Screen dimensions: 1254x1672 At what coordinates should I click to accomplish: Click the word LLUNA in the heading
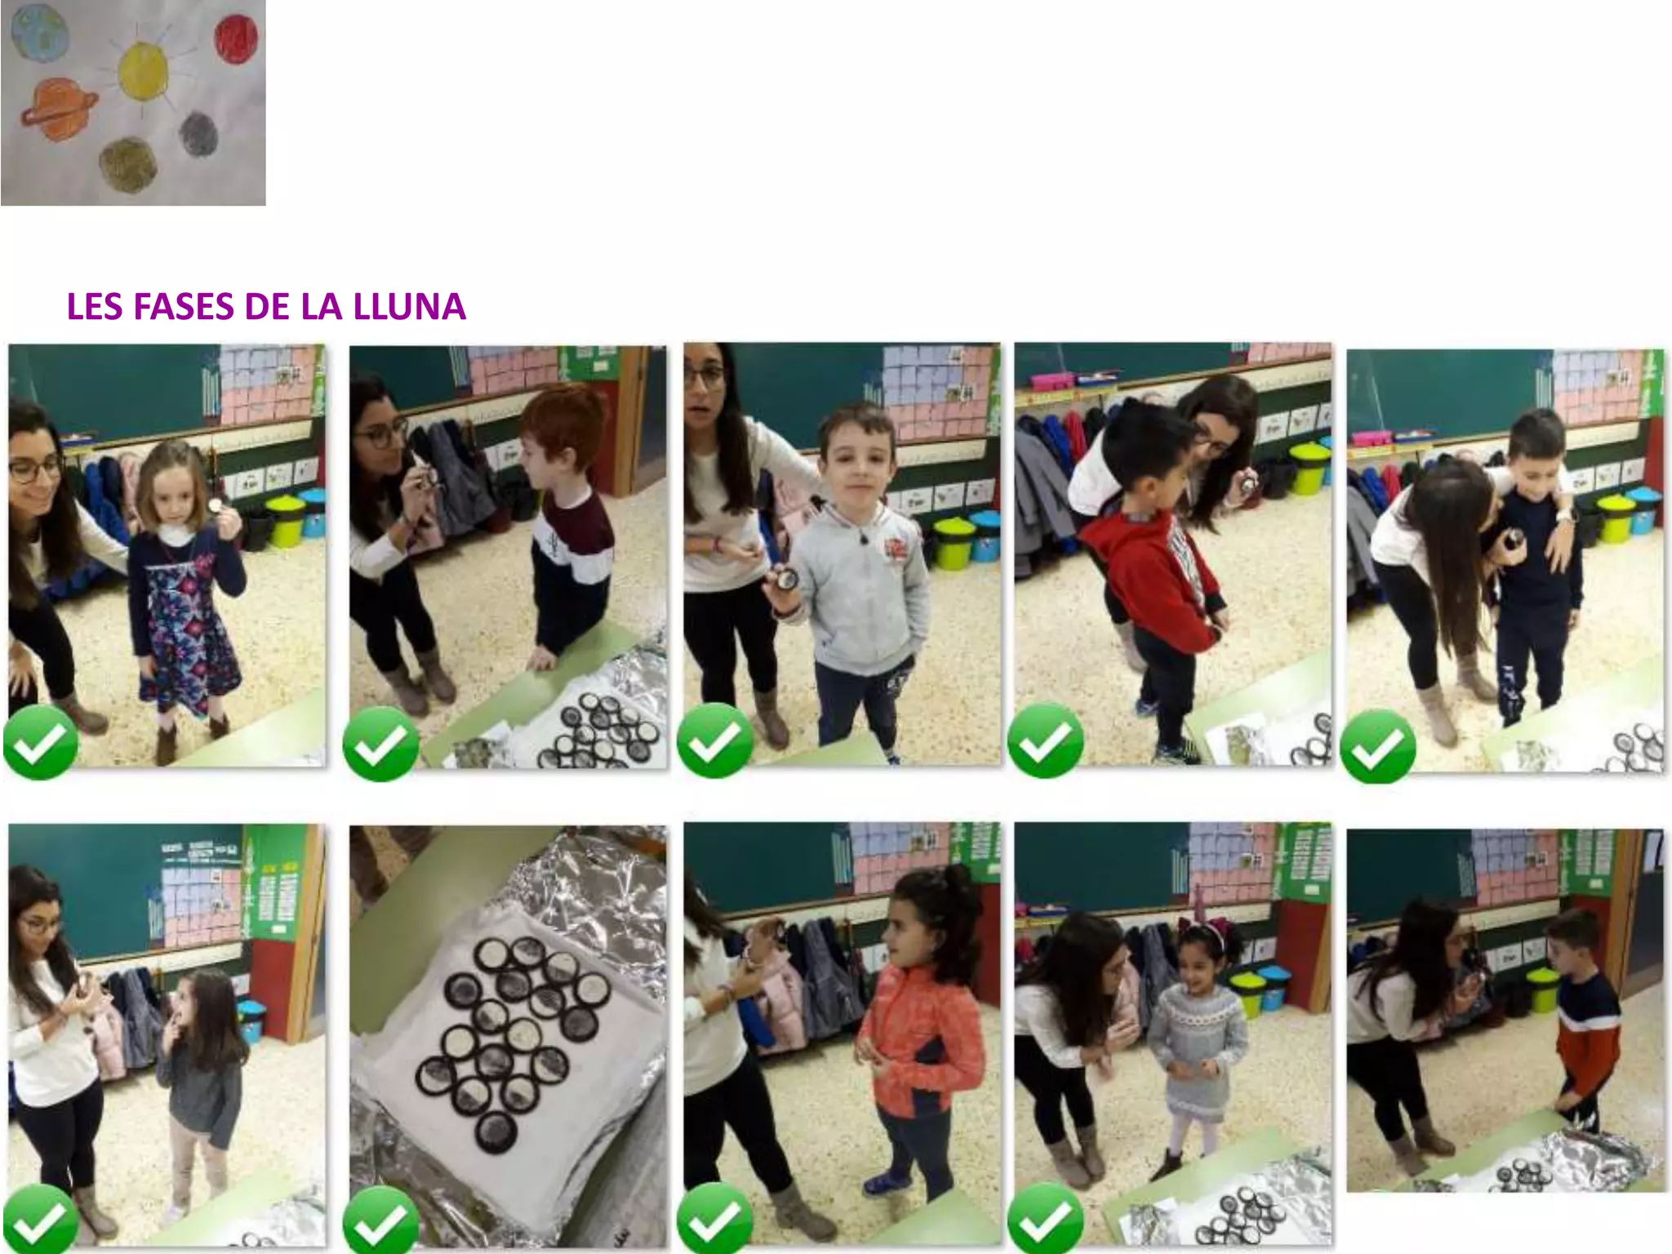click(x=409, y=307)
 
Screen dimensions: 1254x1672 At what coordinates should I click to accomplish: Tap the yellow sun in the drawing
click(x=143, y=69)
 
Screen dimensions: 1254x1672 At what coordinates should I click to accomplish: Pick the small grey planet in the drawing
click(x=198, y=133)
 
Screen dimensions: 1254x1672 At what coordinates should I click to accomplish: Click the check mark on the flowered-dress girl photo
click(x=40, y=742)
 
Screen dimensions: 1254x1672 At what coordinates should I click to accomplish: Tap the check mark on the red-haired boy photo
click(x=380, y=744)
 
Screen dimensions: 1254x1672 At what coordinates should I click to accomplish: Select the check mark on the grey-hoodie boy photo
click(x=715, y=740)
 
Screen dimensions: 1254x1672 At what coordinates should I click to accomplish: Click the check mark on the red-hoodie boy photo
click(x=1046, y=740)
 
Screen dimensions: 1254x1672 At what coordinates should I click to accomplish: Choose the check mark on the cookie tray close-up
click(x=380, y=1221)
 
